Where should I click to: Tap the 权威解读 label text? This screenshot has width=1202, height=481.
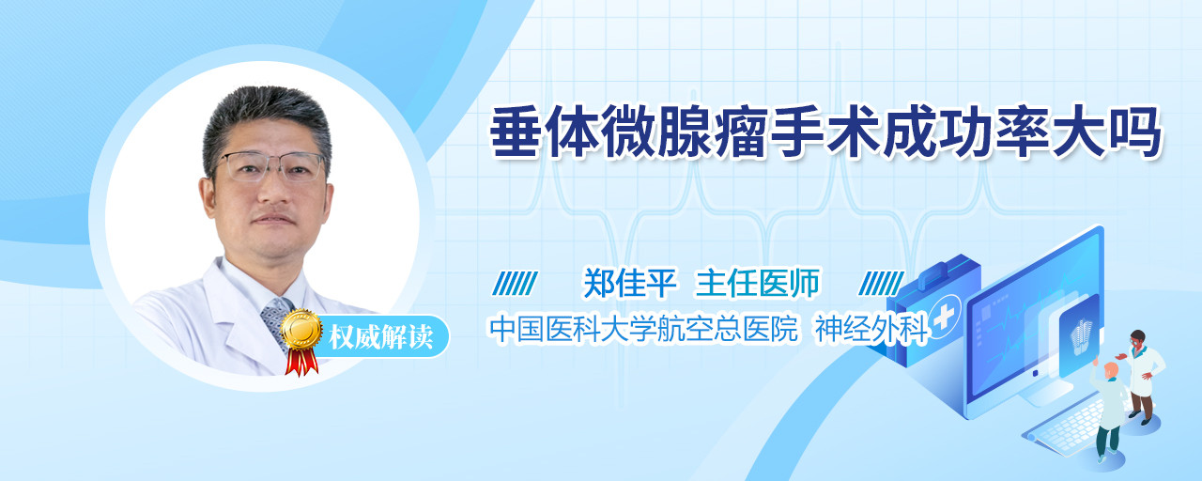[380, 337]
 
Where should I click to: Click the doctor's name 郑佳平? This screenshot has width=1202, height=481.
[630, 283]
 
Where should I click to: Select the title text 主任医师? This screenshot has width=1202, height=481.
[757, 283]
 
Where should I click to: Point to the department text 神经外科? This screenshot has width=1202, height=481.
[871, 329]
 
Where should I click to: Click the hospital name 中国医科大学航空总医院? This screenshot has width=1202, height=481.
[644, 329]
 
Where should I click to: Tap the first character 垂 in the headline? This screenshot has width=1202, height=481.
[516, 132]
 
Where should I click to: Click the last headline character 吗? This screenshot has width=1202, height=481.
[1134, 132]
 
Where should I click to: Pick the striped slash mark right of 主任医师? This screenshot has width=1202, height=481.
[881, 284]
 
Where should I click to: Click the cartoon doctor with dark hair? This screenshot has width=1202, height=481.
[1141, 377]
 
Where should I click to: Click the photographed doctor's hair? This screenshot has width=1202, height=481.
[267, 121]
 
